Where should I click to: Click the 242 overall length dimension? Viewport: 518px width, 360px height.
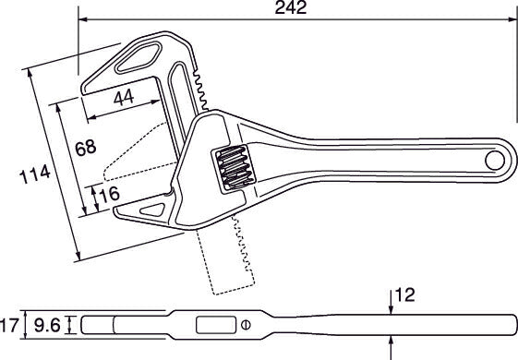[291, 7]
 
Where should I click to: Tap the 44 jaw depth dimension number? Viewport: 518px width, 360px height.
[124, 98]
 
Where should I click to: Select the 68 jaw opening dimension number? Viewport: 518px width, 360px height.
[86, 148]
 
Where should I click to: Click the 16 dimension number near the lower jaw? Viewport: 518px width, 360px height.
[109, 194]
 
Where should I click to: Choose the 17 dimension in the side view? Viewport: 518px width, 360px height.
[9, 325]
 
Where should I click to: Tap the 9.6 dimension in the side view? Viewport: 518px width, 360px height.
[47, 326]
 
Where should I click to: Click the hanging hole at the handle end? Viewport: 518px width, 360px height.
[495, 161]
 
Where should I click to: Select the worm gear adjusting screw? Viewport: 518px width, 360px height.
[234, 168]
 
